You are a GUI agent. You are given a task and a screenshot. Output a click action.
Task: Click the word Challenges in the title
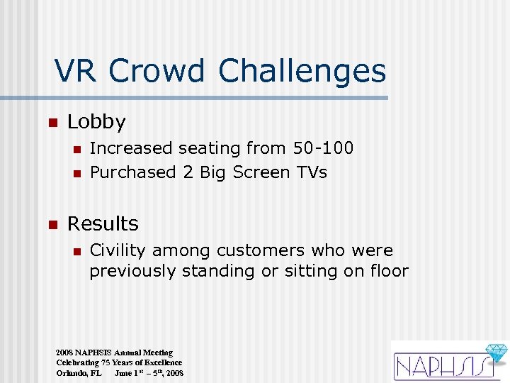[x=302, y=71]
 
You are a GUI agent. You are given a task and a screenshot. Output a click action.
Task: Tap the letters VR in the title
[x=77, y=71]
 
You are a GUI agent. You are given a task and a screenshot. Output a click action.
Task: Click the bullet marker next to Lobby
[x=51, y=123]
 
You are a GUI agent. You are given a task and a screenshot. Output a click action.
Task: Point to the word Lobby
[x=96, y=123]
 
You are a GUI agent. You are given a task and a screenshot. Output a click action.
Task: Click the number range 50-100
[x=323, y=148]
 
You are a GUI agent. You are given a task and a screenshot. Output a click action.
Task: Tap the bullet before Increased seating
[x=76, y=148]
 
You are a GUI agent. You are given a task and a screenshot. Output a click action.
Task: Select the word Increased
[x=131, y=148]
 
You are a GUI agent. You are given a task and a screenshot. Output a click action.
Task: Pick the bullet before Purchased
[x=76, y=172]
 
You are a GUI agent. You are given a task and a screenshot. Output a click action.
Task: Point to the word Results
[x=103, y=224]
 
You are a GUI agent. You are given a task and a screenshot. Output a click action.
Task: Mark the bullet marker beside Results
[x=51, y=224]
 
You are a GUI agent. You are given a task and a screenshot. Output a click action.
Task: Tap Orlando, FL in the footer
[x=79, y=373]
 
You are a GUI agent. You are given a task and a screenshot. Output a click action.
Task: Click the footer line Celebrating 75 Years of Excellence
[x=119, y=362]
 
